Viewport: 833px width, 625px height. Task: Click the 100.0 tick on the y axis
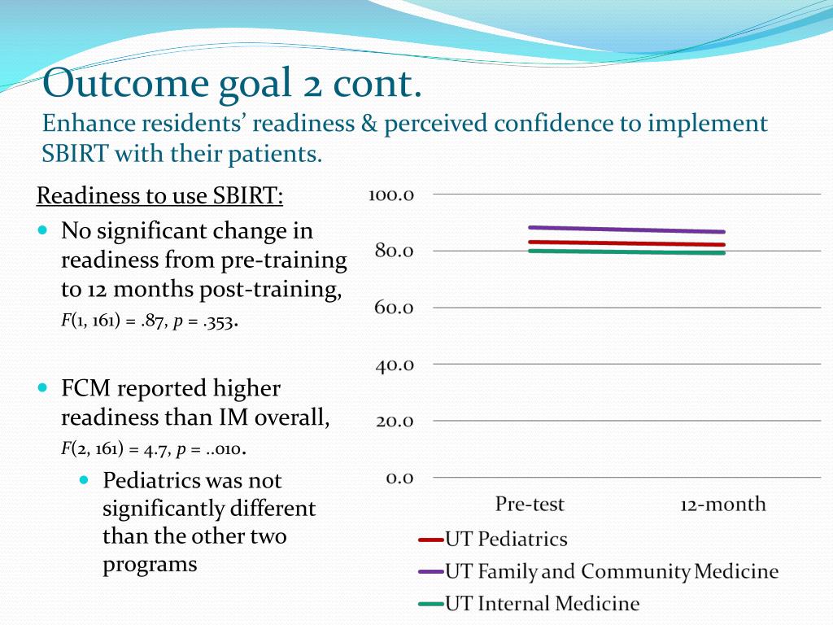click(392, 194)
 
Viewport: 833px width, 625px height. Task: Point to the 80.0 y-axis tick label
click(394, 251)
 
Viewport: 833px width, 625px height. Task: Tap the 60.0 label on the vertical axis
click(394, 308)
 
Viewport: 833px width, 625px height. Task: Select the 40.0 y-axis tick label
click(394, 365)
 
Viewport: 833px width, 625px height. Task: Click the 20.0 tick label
click(394, 421)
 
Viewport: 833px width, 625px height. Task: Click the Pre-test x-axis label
click(530, 505)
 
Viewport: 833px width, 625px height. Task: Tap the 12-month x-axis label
click(723, 505)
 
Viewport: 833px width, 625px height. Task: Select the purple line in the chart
click(626, 229)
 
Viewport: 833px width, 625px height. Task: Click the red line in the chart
click(626, 243)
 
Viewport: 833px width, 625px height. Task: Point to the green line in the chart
click(626, 252)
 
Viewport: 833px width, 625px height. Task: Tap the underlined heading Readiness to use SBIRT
click(160, 196)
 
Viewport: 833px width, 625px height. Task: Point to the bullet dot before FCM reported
click(43, 388)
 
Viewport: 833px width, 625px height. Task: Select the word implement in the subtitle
click(707, 124)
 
